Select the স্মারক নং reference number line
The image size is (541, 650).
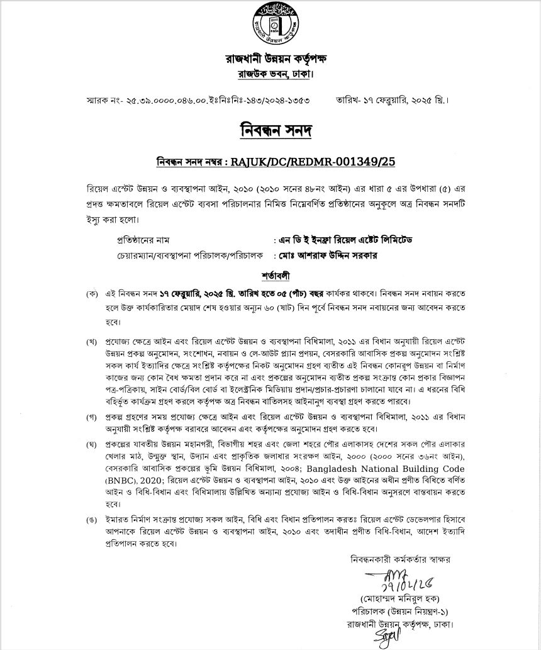pyautogui.click(x=201, y=100)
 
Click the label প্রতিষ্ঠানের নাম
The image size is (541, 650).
pyautogui.click(x=144, y=241)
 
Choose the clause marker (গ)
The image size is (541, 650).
pyautogui.click(x=93, y=417)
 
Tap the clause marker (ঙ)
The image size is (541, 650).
pyautogui.click(x=93, y=521)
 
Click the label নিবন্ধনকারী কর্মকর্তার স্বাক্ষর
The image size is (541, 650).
pyautogui.click(x=401, y=559)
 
